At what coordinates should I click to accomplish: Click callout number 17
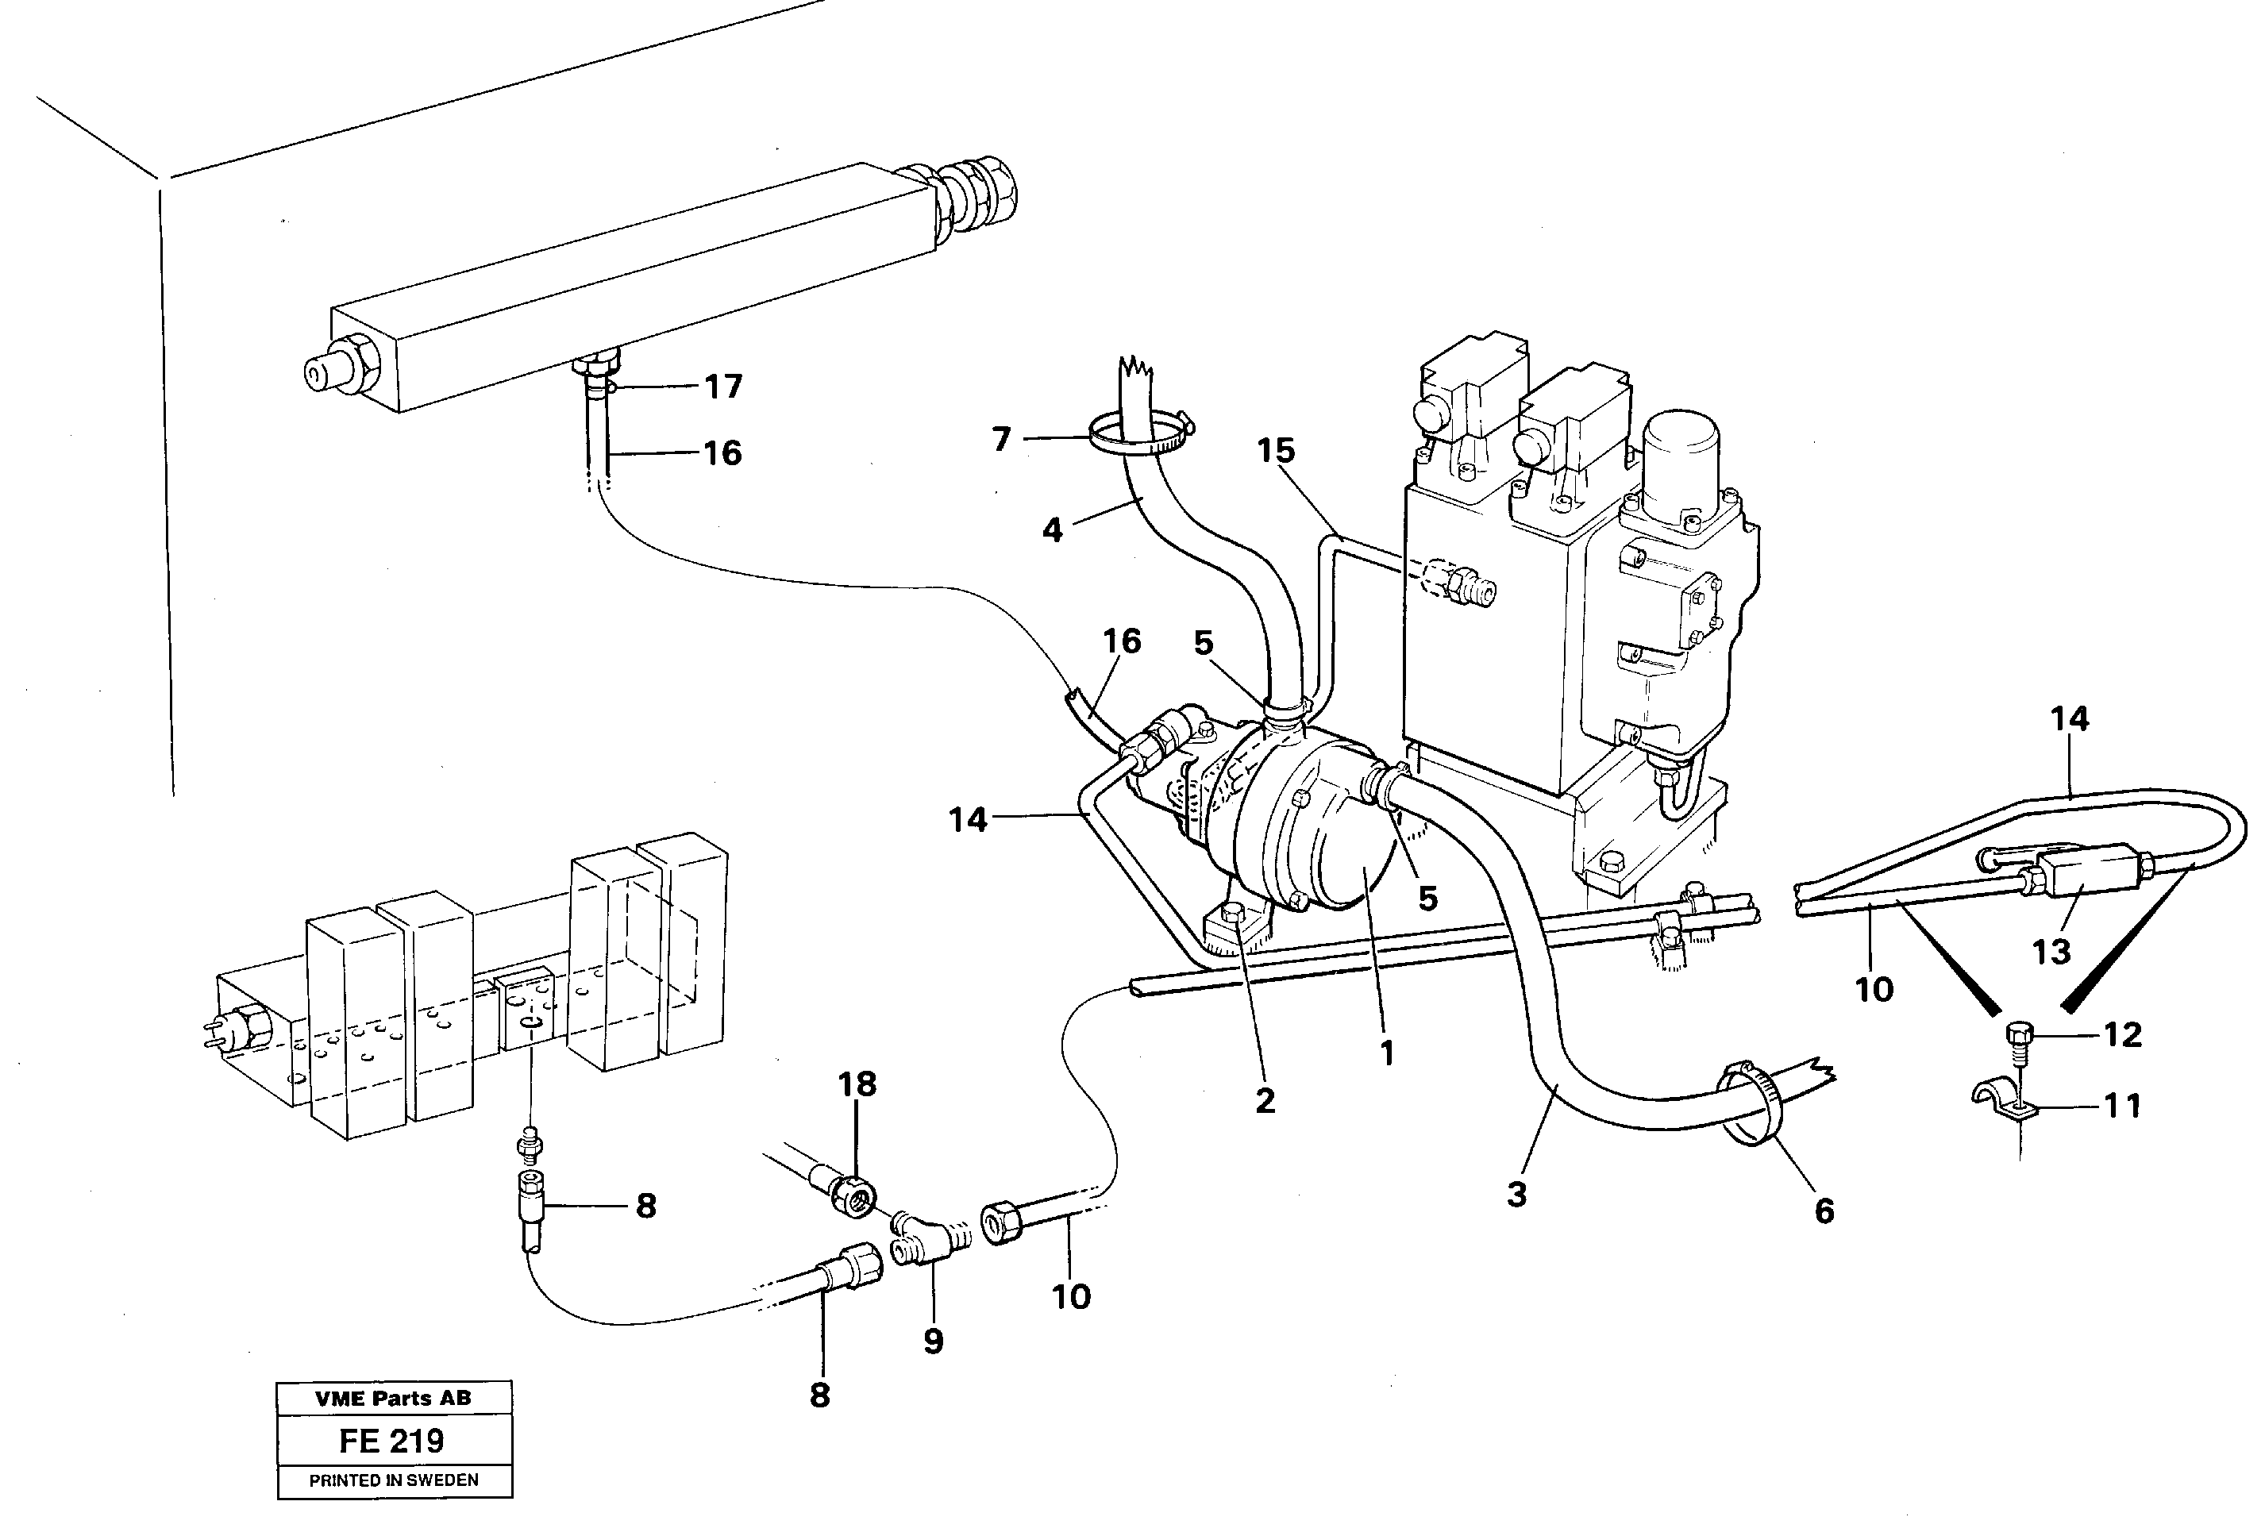pos(723,387)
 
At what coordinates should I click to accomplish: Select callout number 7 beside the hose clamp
pos(1001,440)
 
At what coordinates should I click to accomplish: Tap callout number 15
pos(1276,450)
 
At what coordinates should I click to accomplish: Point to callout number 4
pos(1052,530)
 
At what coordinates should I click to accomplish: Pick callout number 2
pos(1265,1100)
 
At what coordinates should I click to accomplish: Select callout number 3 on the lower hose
pos(1516,1194)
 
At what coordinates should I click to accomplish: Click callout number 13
pos(2051,951)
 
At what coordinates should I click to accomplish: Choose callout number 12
pos(2123,1034)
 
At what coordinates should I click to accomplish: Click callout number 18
pos(857,1084)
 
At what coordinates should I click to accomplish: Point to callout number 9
pos(933,1341)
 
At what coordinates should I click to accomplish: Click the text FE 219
pos(392,1441)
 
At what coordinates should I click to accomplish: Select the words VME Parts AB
pos(393,1399)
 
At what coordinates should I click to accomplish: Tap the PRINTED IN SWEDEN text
pos(394,1480)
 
